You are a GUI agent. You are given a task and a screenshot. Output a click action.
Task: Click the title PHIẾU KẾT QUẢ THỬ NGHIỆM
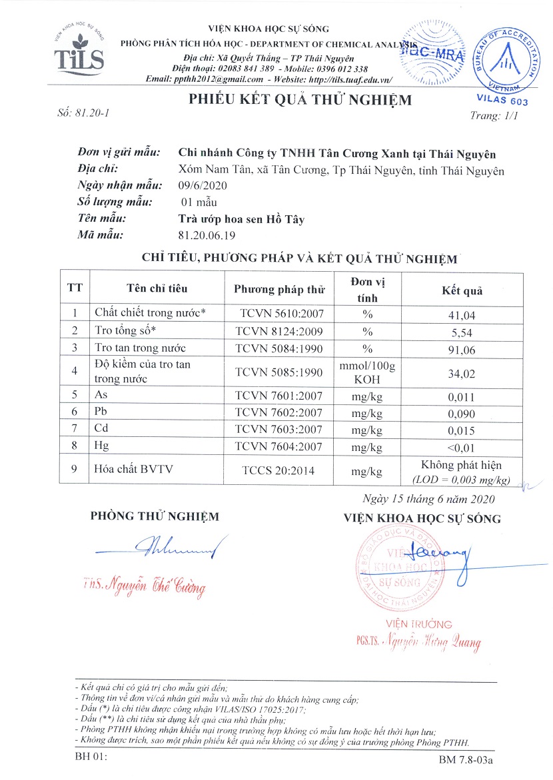300,101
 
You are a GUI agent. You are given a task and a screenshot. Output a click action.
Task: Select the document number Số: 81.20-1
84,113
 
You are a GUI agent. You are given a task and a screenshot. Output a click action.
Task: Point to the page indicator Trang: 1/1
494,115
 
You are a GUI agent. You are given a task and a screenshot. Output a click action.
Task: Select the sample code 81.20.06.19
207,234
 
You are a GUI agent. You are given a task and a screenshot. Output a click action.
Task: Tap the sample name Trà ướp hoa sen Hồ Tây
242,218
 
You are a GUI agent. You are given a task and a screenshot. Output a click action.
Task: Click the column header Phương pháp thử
279,289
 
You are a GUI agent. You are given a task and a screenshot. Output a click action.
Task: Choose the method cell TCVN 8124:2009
279,330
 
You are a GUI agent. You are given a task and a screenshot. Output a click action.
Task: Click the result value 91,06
462,348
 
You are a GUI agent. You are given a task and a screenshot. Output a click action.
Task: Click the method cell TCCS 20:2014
279,471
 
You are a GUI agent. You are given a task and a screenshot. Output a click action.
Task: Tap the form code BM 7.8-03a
470,759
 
